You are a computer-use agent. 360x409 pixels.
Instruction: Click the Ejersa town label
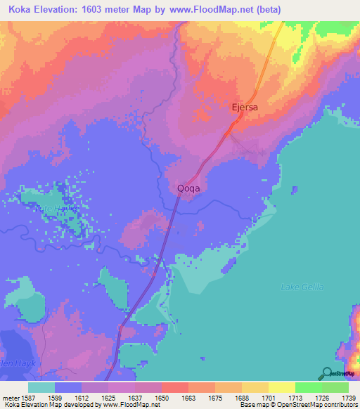click(245, 108)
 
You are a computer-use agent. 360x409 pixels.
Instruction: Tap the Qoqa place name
click(192, 188)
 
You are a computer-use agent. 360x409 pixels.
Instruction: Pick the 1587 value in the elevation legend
click(32, 397)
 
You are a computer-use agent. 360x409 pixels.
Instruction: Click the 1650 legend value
click(162, 397)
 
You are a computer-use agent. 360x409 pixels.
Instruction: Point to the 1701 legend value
click(267, 397)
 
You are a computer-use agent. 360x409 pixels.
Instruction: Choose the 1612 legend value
click(83, 397)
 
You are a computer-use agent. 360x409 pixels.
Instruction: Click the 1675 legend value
click(214, 397)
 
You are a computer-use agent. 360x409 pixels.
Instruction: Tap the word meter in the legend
click(11, 397)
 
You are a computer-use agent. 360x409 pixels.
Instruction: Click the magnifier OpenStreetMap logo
click(326, 375)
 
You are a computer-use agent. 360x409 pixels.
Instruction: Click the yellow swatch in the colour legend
click(281, 387)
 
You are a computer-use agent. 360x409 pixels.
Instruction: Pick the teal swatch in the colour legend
click(41, 387)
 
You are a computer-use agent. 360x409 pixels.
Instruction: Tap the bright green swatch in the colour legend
click(307, 387)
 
